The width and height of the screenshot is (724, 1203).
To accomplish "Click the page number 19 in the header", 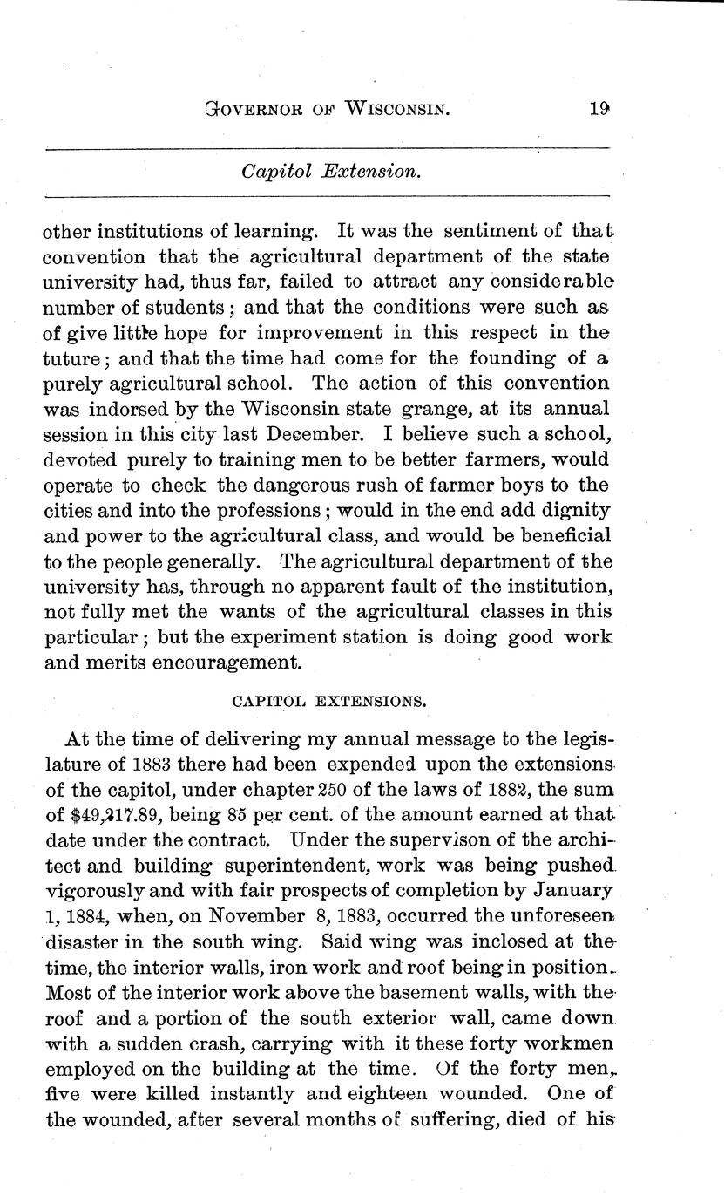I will tap(598, 110).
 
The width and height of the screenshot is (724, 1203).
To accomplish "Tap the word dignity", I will tap(569, 508).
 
